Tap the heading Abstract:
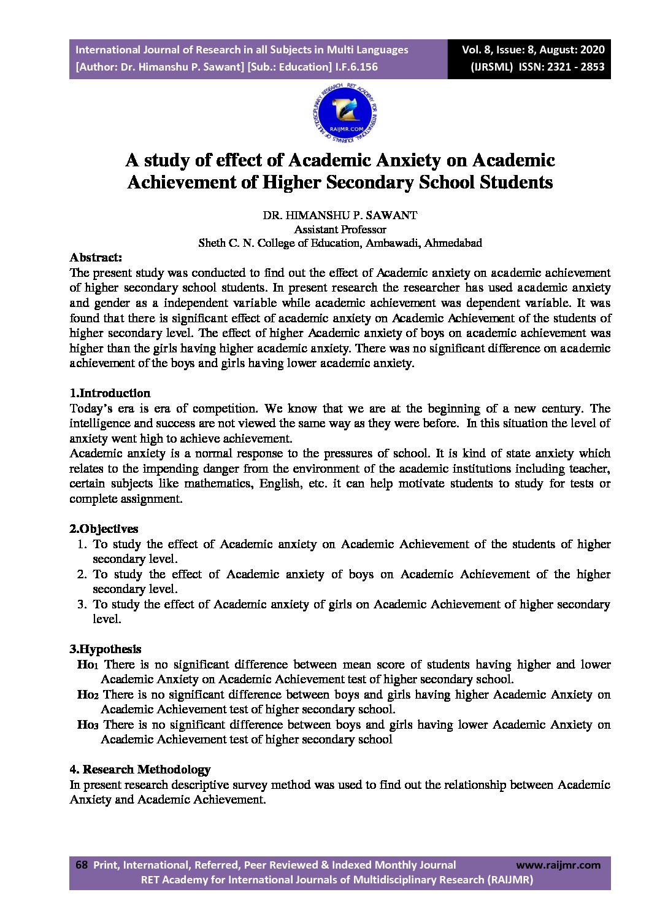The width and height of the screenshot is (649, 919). (96, 257)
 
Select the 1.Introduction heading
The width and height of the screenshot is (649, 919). (110, 393)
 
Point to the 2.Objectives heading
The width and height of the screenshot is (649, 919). (104, 529)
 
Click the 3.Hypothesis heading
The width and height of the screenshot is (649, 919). (105, 649)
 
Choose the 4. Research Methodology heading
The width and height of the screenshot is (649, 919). (140, 769)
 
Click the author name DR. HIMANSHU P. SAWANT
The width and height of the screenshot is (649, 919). (340, 215)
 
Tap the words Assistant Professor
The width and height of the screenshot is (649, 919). (340, 229)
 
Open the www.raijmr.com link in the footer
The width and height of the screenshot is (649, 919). (558, 865)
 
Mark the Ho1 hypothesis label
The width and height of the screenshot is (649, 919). (87, 665)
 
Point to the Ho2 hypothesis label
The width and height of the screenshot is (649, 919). (87, 695)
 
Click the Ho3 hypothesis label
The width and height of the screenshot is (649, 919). (87, 725)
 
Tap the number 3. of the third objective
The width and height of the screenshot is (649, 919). (82, 604)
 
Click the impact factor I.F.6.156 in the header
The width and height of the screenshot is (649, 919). (356, 67)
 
